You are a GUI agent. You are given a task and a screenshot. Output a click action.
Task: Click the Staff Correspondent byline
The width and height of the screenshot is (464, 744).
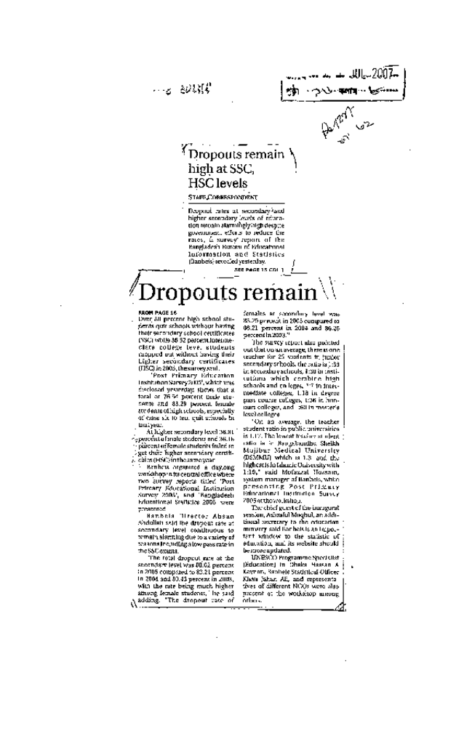(223, 198)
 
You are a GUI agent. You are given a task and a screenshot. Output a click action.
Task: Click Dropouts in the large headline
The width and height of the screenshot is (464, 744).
(191, 293)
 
